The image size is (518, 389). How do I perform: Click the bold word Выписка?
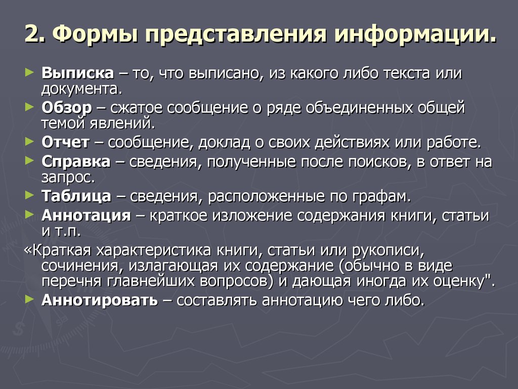click(78, 73)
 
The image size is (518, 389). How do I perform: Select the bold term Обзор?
click(67, 108)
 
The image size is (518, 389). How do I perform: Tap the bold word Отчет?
click(65, 142)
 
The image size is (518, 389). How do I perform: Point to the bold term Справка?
click(76, 162)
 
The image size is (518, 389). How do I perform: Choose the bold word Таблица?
click(76, 196)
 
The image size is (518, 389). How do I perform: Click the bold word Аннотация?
click(86, 216)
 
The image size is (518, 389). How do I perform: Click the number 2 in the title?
click(31, 37)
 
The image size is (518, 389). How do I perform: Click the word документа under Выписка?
click(81, 90)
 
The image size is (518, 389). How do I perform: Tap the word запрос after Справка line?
click(67, 178)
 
